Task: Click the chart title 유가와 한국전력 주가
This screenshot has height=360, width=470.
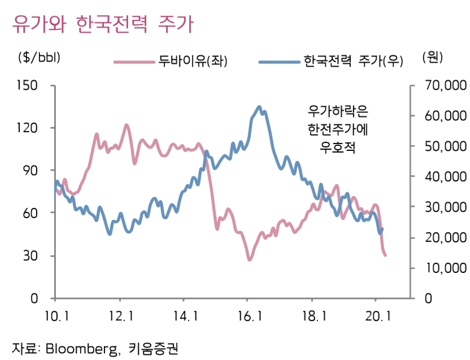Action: click(x=102, y=25)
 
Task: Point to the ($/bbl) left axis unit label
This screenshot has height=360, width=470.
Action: click(x=39, y=57)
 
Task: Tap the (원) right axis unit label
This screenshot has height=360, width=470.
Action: click(x=432, y=57)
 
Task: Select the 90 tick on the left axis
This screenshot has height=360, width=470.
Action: click(x=32, y=170)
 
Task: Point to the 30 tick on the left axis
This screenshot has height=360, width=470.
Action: click(x=32, y=255)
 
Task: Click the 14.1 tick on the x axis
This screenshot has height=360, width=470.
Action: click(x=184, y=315)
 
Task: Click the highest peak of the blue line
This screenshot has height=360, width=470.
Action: click(x=259, y=106)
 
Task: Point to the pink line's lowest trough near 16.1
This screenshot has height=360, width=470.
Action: click(x=249, y=259)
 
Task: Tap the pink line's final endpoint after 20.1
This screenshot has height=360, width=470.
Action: click(x=385, y=255)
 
